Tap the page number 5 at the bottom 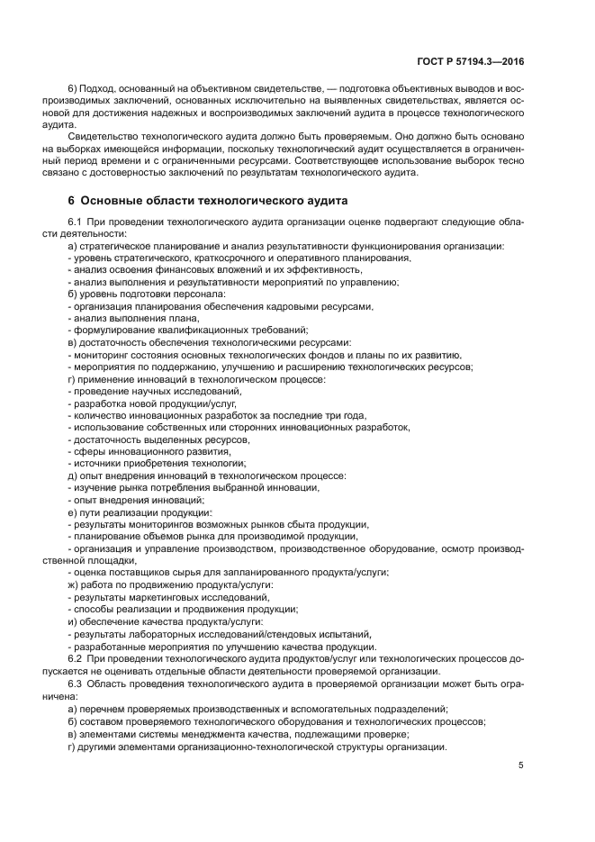pyautogui.click(x=521, y=765)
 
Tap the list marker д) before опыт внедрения pyautogui.click(x=73, y=475)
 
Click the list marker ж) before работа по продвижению pyautogui.click(x=74, y=584)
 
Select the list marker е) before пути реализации pyautogui.click(x=73, y=512)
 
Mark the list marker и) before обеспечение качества pyautogui.click(x=73, y=621)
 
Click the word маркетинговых pyautogui.click(x=169, y=597)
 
